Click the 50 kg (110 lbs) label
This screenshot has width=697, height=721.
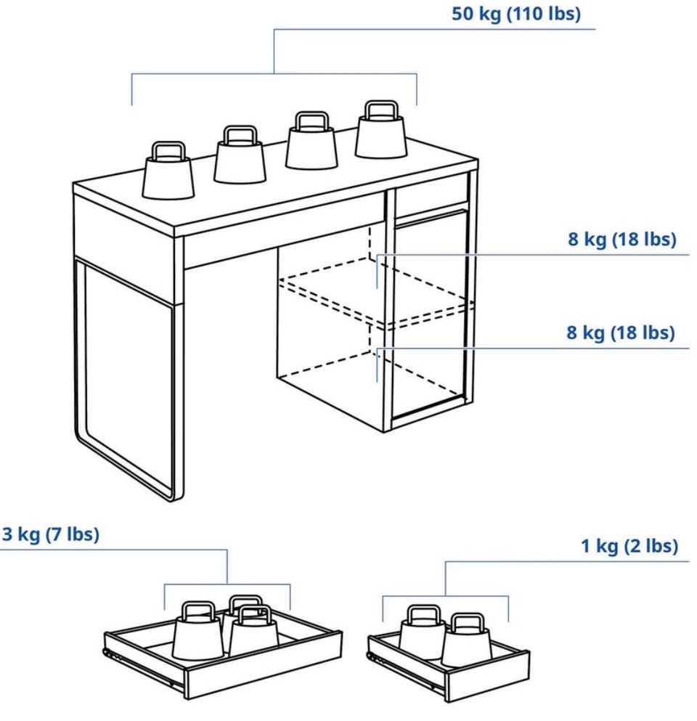[516, 14]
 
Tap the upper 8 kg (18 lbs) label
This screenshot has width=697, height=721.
[622, 239]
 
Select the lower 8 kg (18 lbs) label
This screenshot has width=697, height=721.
[620, 333]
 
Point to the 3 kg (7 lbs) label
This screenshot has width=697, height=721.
[51, 534]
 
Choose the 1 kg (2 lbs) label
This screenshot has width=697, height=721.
[629, 546]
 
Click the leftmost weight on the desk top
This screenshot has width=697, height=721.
[168, 171]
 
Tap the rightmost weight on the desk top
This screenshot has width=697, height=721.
[381, 130]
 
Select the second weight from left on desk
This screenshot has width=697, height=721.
[240, 155]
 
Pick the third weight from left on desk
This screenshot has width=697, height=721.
[311, 140]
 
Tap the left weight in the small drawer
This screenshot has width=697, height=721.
[422, 631]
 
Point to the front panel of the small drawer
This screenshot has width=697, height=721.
[487, 675]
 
